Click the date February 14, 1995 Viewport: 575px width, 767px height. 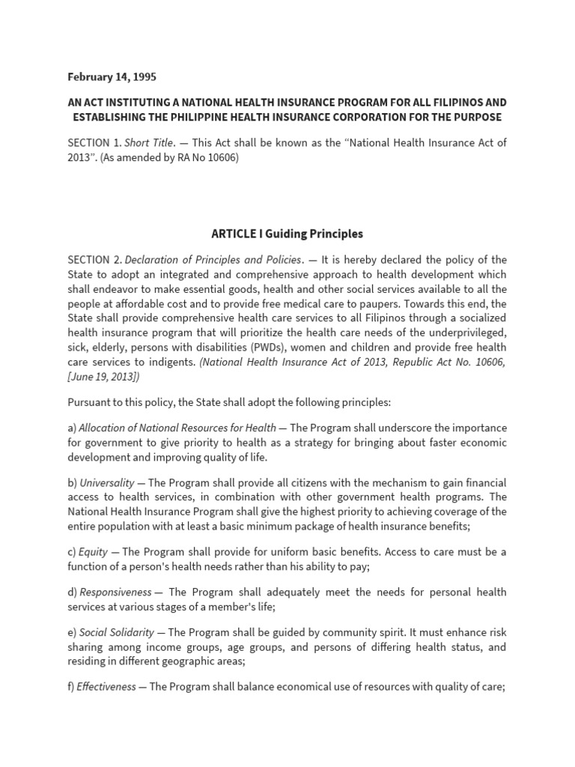112,76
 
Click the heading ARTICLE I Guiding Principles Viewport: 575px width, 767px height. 287,234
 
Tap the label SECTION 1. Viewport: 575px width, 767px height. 93,142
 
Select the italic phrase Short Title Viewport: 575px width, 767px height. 149,142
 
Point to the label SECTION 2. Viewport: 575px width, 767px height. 94,260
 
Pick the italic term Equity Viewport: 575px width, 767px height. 93,552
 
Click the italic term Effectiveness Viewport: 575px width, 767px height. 106,686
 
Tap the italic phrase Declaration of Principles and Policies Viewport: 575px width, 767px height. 213,260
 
